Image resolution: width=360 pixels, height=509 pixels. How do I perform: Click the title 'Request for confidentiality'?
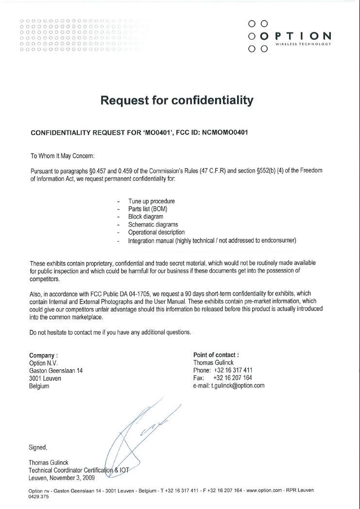(x=177, y=101)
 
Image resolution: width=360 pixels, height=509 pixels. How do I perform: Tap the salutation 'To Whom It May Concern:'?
(x=63, y=156)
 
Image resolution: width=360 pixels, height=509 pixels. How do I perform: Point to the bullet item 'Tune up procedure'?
(x=152, y=201)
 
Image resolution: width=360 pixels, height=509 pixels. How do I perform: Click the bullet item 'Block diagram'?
(x=146, y=217)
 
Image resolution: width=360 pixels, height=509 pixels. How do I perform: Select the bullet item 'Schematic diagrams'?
(x=153, y=225)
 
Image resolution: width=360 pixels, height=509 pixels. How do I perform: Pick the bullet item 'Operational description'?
(x=156, y=232)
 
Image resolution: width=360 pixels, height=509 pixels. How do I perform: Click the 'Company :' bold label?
(x=44, y=355)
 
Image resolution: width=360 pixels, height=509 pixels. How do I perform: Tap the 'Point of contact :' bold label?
(x=216, y=355)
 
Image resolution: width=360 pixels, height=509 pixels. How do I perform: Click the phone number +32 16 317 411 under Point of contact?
(x=233, y=370)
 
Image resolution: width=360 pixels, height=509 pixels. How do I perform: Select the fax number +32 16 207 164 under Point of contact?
(x=233, y=378)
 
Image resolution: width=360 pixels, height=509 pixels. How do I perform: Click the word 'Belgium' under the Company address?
(x=39, y=386)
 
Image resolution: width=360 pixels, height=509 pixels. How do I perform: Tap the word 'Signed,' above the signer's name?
(x=38, y=447)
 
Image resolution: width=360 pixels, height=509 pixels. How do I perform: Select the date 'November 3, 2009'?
(x=71, y=477)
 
